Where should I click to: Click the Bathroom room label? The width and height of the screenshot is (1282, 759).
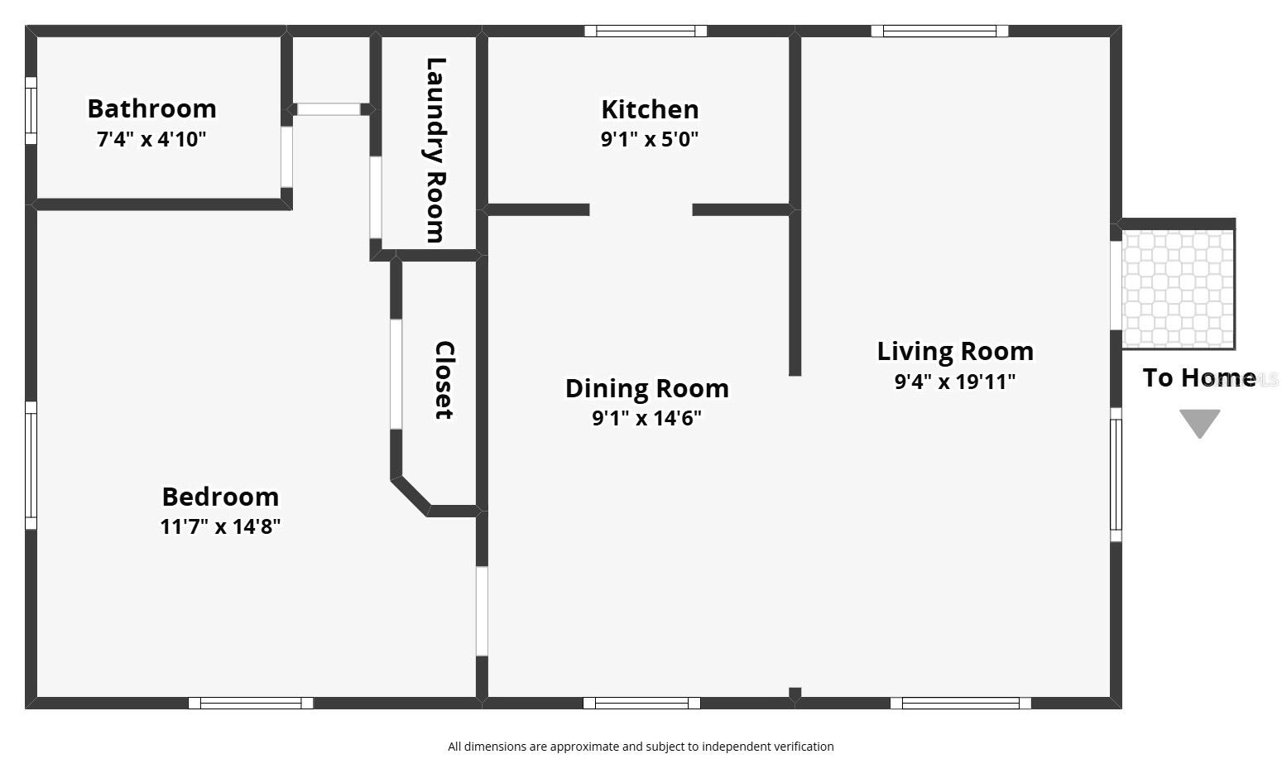(151, 108)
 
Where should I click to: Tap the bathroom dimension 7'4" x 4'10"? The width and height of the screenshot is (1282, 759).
(151, 139)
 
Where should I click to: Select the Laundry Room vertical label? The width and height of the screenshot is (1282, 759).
(435, 150)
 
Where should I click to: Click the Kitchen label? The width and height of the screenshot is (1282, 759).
(650, 109)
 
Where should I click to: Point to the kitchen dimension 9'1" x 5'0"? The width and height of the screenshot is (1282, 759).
(650, 139)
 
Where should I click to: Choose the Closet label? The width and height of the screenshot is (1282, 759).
(444, 380)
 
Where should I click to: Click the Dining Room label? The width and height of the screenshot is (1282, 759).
(646, 388)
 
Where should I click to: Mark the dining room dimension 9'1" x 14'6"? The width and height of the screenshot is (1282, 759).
(646, 418)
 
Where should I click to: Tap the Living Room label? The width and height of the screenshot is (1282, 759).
(955, 351)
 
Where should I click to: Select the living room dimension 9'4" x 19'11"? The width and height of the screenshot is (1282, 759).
(955, 382)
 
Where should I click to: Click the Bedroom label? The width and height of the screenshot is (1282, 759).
(220, 497)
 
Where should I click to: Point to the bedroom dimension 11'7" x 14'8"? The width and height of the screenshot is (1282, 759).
(220, 526)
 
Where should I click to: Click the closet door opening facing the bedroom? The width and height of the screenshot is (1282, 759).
(396, 374)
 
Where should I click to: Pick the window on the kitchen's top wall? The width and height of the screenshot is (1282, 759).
(646, 31)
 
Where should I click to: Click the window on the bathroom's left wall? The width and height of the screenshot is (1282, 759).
(31, 110)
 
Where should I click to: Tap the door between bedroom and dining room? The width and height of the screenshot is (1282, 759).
(482, 611)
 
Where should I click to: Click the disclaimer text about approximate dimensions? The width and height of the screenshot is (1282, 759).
(641, 747)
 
